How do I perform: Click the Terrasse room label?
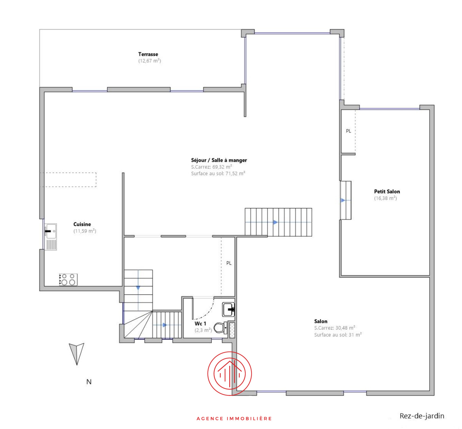148,54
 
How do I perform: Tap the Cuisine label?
82,224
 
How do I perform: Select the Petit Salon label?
387,191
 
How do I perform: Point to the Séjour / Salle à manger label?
219,160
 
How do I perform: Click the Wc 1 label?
200,323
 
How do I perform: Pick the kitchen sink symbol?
51,232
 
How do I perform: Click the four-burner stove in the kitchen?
68,280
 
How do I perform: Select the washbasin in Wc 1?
228,309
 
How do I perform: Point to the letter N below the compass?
89,382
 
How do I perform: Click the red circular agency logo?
230,374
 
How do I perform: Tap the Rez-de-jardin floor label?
422,416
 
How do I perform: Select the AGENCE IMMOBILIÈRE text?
234,418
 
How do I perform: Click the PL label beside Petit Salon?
348,131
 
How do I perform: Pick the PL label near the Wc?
229,263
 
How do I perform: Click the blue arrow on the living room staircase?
275,222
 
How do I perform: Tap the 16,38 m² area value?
385,198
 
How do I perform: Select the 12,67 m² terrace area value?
149,61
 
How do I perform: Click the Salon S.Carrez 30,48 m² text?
334,328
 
